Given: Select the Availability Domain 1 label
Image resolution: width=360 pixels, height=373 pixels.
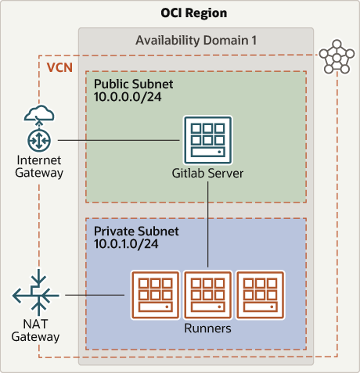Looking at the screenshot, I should pos(196,40).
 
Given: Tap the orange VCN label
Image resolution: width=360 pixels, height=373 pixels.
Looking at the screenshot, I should pos(60,67).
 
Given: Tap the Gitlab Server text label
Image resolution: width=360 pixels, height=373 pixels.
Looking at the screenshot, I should pos(207,173).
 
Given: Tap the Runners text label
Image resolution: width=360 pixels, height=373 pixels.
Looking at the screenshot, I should pos(207,328).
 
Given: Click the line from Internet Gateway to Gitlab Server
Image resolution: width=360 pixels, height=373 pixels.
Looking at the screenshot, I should pos(117,140).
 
